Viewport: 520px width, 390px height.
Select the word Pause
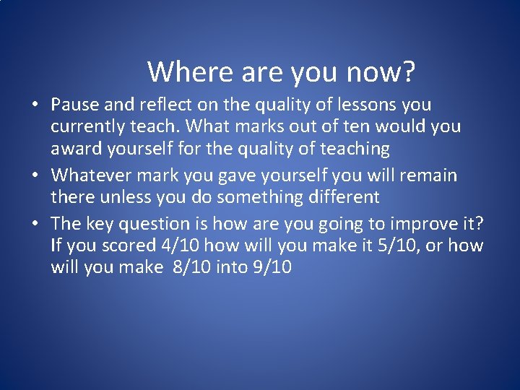(x=74, y=105)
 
